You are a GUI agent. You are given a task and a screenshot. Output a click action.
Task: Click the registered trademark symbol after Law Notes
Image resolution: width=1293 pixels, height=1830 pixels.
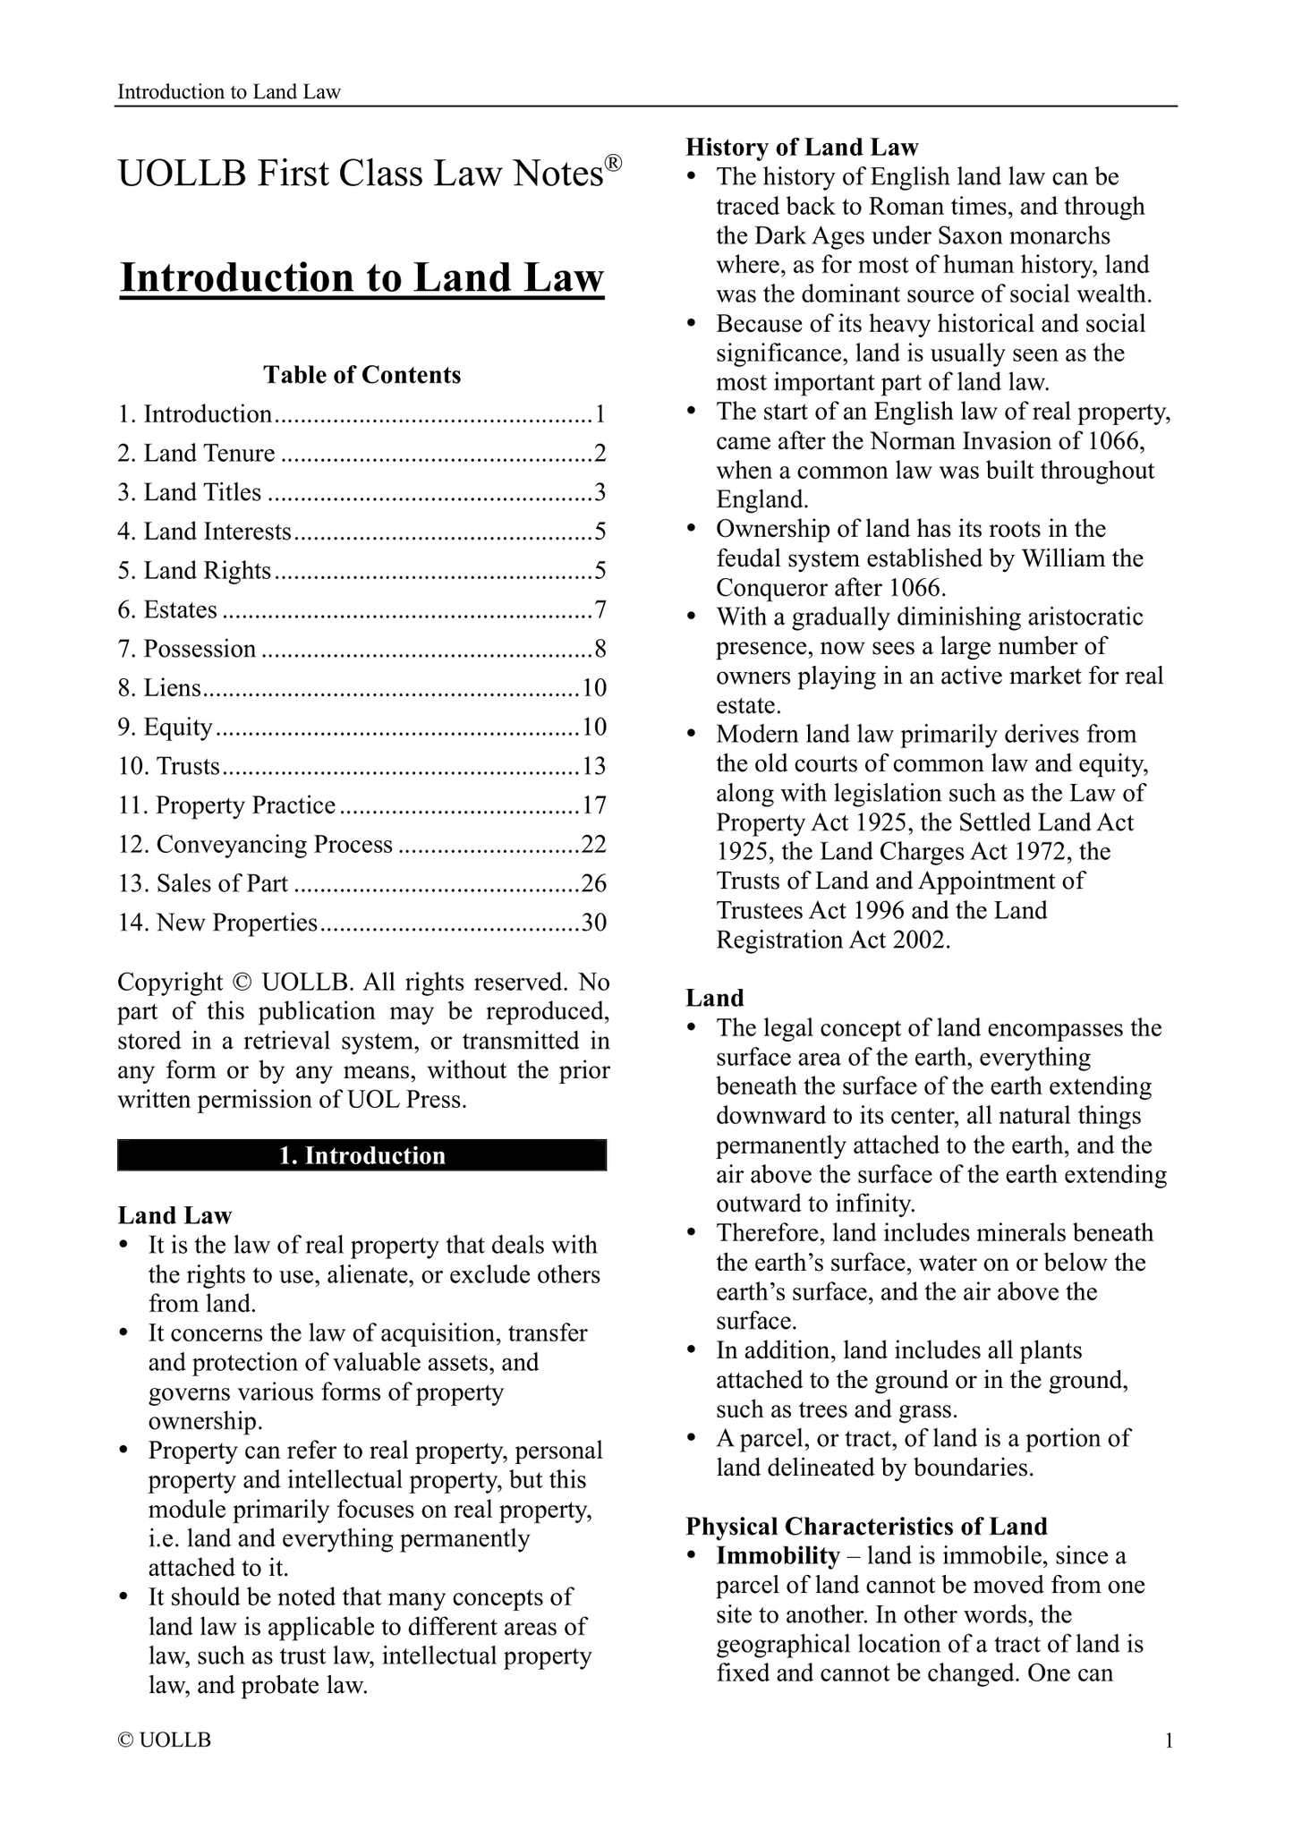tap(613, 163)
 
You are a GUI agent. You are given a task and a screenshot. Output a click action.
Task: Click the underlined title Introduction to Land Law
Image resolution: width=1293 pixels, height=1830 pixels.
tap(362, 277)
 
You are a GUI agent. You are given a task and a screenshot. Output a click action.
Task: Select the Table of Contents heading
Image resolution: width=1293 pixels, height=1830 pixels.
tap(362, 375)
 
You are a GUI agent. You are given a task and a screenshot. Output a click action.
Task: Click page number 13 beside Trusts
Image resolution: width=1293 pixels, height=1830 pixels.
tap(594, 766)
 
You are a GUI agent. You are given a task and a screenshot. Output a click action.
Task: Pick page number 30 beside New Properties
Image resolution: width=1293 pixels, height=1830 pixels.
tap(594, 923)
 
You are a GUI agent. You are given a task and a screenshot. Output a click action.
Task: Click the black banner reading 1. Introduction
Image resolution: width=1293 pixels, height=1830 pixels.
tap(362, 1155)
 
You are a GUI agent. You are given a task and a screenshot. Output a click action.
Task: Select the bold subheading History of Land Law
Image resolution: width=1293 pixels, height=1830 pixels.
tap(802, 148)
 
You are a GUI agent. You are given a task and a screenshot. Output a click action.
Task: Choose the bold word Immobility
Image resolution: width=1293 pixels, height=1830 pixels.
tap(778, 1556)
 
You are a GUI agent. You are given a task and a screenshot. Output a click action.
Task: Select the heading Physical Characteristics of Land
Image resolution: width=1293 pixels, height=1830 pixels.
tap(866, 1527)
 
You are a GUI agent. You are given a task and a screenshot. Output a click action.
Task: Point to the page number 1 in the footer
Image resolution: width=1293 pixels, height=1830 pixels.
tap(1168, 1741)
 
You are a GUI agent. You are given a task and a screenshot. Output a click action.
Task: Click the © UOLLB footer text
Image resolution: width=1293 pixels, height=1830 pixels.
tap(165, 1741)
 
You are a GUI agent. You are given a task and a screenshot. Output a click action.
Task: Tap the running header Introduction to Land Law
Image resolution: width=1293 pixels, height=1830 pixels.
tap(229, 92)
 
